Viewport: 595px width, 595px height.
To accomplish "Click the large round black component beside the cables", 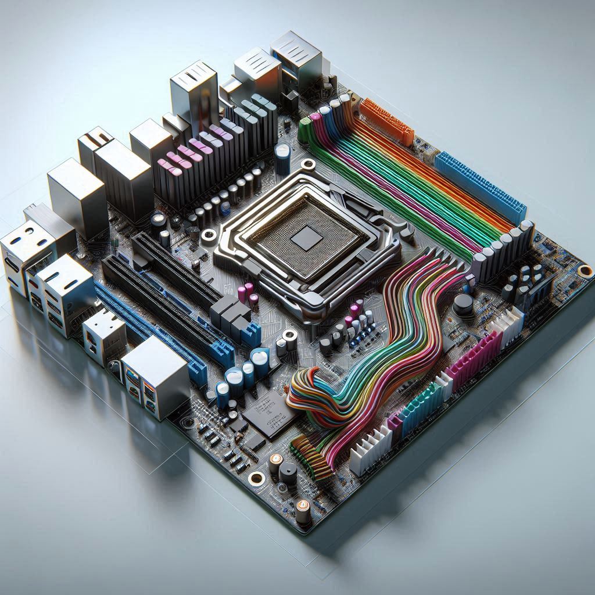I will (x=463, y=304).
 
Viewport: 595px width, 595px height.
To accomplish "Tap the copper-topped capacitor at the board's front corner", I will (x=303, y=512).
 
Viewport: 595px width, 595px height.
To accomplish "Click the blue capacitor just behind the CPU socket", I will (x=283, y=157).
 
